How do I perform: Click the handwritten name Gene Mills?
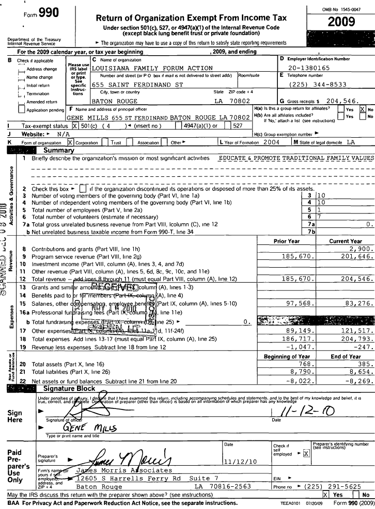pos(83,428)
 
